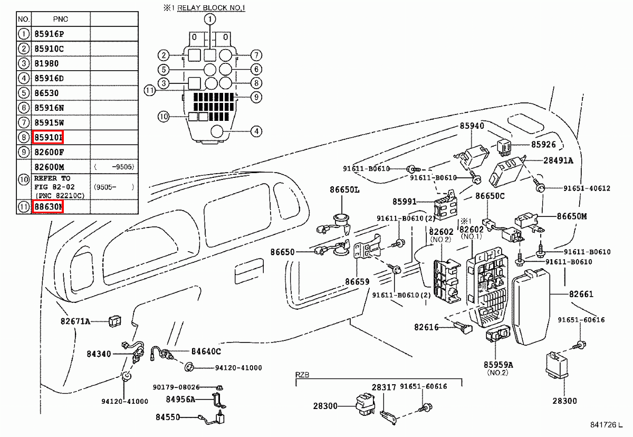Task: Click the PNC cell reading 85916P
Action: click(x=49, y=34)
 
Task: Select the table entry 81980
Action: click(x=46, y=63)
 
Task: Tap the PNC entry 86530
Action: click(x=46, y=93)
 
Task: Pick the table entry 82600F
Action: click(x=49, y=152)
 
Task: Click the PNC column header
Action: click(x=61, y=19)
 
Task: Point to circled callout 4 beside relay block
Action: click(x=256, y=131)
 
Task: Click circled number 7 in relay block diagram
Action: click(x=256, y=55)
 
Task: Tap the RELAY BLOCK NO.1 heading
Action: click(x=212, y=7)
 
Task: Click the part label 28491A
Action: click(x=558, y=160)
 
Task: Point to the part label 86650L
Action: click(x=344, y=189)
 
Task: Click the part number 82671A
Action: click(x=75, y=321)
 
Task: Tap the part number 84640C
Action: click(x=206, y=351)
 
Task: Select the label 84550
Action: click(x=168, y=417)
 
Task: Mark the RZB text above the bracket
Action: click(x=302, y=375)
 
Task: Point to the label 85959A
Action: click(x=498, y=364)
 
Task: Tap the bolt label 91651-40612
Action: click(x=587, y=188)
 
